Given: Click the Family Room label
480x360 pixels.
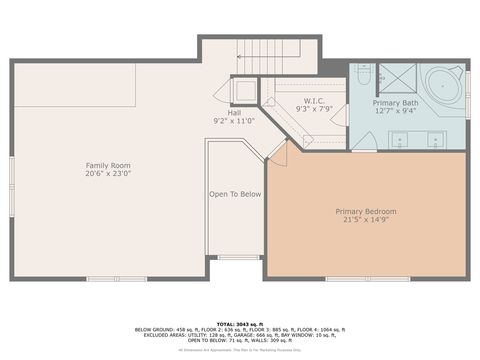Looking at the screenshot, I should tap(107, 165).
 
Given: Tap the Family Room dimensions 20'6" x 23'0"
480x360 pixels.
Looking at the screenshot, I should tap(107, 173).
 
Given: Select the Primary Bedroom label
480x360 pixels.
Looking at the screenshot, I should tap(366, 211).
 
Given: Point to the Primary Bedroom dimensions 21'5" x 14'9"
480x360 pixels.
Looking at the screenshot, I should tap(366, 220).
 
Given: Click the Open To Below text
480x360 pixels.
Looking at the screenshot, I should tap(235, 194).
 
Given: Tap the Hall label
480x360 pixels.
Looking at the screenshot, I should tap(234, 113).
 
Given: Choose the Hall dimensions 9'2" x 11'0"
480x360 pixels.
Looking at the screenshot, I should tap(234, 121).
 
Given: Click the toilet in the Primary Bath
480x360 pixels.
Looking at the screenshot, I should tap(365, 76).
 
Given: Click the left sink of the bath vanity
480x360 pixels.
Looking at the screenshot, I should tap(398, 139).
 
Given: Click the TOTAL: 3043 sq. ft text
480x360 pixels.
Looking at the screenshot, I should tap(240, 323).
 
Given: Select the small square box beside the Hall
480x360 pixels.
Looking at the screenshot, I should tap(244, 91).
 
